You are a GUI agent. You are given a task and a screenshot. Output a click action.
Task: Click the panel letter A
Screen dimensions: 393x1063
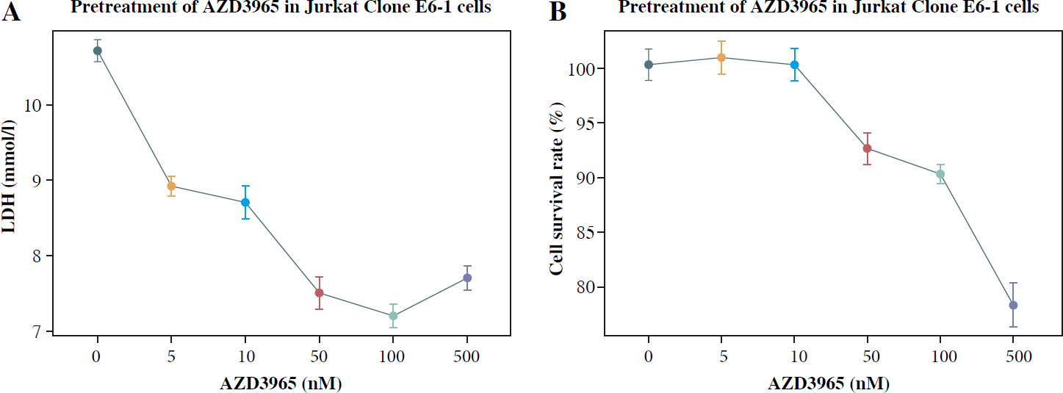coord(10,13)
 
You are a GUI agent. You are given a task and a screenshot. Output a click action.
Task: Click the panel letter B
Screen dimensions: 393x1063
coord(558,13)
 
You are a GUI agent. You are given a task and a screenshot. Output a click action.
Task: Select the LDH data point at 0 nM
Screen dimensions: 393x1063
coord(97,51)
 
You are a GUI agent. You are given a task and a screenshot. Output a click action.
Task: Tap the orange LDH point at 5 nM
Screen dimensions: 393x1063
coord(171,186)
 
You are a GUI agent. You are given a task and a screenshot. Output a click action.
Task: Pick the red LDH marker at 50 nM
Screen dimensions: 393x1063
coord(319,293)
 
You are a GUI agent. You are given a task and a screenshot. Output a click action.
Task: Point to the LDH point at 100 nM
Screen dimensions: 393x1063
coord(393,316)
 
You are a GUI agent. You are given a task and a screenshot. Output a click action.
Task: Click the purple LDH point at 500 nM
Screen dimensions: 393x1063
coord(467,278)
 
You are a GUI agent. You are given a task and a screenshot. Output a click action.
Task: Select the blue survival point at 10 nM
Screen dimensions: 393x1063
coord(794,65)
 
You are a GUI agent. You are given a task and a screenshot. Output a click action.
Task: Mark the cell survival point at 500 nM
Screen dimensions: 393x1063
coord(1013,305)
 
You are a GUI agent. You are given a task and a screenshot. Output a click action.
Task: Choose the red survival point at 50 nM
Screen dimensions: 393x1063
coord(867,148)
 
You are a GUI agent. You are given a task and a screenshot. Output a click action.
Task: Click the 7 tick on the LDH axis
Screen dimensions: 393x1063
coord(37,332)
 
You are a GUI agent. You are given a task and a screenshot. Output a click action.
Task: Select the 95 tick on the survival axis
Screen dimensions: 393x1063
coord(585,123)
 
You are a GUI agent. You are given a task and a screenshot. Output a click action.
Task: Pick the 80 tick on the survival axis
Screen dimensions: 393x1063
coord(585,287)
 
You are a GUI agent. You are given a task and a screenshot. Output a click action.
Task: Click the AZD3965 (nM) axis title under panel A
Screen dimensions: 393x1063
coord(282,382)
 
